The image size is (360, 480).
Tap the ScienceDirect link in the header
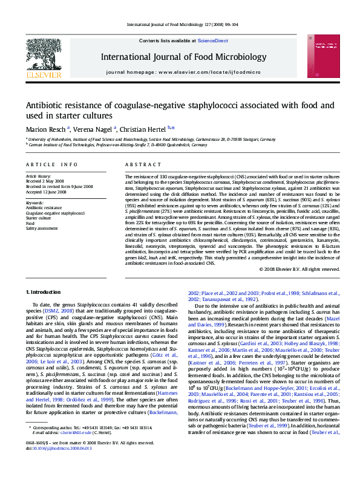213,41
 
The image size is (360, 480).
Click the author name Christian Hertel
145,128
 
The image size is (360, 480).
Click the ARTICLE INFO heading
51,164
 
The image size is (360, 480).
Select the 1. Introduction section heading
46,292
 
